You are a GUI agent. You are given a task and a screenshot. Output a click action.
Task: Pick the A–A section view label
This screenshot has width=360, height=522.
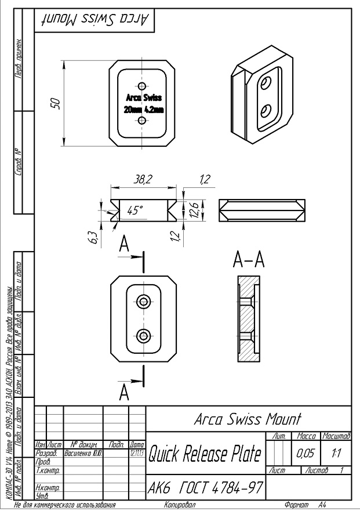pyautogui.click(x=248, y=261)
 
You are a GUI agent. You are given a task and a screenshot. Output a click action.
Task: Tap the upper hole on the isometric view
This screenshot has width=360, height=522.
pyautogui.click(x=265, y=85)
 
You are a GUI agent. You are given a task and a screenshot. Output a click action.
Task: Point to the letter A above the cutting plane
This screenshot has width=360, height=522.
pyautogui.click(x=123, y=245)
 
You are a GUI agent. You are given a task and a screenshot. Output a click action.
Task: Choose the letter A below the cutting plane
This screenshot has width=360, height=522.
pyautogui.click(x=123, y=394)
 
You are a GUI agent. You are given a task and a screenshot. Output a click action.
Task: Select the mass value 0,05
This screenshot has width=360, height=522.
pyautogui.click(x=306, y=453)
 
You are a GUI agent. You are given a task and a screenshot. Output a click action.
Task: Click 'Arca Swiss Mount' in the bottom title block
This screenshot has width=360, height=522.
pyautogui.click(x=248, y=418)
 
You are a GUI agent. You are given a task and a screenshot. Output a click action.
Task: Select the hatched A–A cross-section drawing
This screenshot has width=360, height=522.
pyautogui.click(x=248, y=320)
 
